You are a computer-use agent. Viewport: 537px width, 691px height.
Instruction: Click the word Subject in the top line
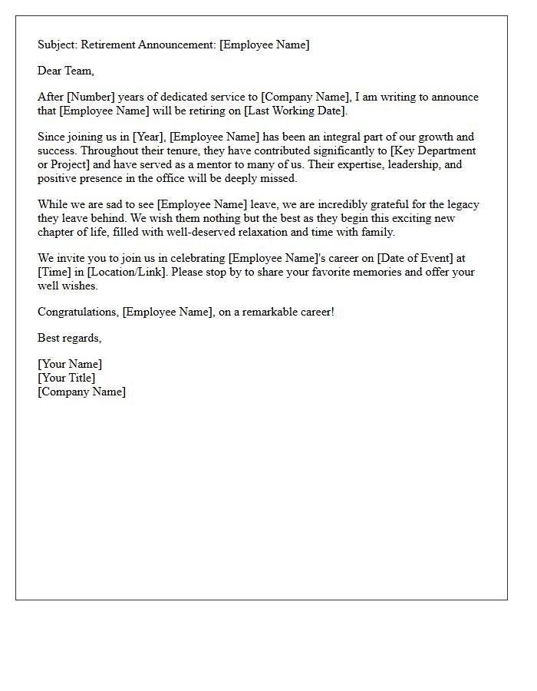click(58, 45)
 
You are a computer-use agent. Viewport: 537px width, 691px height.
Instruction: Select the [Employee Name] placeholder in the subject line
click(264, 45)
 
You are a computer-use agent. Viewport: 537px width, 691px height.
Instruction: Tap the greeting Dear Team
click(66, 71)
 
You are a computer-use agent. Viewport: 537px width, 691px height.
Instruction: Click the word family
click(378, 232)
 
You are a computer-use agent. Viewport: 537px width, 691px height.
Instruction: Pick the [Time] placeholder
click(58, 272)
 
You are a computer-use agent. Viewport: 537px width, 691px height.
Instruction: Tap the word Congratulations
click(78, 312)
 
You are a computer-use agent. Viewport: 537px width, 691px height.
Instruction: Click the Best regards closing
click(69, 338)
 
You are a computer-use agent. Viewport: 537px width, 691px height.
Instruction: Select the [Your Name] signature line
click(70, 365)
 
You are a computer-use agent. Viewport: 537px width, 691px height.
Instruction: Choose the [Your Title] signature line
click(67, 378)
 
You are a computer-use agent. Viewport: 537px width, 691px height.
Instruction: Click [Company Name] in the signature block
click(81, 392)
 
